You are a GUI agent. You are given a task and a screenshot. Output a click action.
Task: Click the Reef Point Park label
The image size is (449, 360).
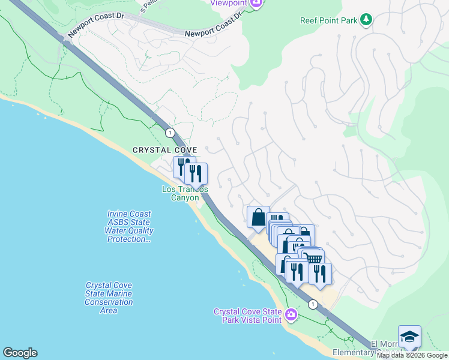(x=328, y=20)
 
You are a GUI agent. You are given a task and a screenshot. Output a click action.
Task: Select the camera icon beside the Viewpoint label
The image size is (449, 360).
(x=256, y=3)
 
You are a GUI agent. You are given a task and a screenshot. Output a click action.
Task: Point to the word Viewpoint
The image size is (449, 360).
(x=229, y=2)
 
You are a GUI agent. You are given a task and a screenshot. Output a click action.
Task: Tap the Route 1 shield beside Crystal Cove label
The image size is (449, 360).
(x=170, y=132)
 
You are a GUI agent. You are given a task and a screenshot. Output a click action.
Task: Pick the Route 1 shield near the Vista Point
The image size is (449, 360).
(x=313, y=305)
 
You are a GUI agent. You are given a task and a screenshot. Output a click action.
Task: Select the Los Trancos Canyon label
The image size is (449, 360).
(x=185, y=193)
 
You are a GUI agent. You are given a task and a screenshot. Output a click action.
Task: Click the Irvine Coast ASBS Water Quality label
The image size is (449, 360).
(x=129, y=226)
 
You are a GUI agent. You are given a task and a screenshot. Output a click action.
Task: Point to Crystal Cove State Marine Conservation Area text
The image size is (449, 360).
(x=109, y=298)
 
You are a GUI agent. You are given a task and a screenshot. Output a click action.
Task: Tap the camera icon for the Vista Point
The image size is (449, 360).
(x=291, y=314)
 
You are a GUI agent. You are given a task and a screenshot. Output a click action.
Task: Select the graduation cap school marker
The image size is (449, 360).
(x=409, y=337)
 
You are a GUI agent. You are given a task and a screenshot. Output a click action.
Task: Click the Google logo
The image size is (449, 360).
(x=20, y=353)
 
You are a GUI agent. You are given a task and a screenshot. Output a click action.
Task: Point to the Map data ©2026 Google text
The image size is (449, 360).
(x=412, y=355)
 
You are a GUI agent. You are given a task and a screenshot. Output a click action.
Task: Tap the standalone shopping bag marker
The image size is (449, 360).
(x=258, y=217)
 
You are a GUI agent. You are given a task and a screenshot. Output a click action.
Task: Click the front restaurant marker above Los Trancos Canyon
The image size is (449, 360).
(x=196, y=174)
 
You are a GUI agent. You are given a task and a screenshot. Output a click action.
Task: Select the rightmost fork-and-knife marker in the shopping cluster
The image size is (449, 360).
(x=320, y=273)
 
